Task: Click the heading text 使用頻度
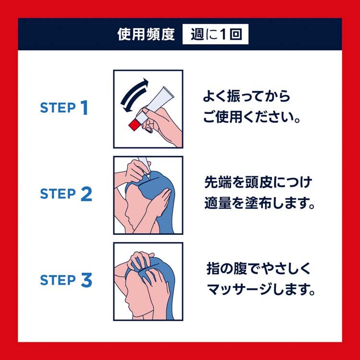pos(146,35)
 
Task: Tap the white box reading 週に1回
pos(216,34)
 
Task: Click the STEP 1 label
pos(64,108)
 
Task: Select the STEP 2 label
pos(66,194)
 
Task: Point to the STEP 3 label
pos(66,280)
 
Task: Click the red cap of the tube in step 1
pos(134,125)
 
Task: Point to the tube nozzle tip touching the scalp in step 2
pos(149,177)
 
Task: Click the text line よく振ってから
pos(247,96)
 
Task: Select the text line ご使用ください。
pos(252,117)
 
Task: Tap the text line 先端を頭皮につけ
pos(258,182)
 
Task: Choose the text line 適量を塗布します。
pos(259,203)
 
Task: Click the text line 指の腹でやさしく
pos(258,268)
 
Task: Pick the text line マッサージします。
pos(261,289)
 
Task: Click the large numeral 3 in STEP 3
pos(86,280)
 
